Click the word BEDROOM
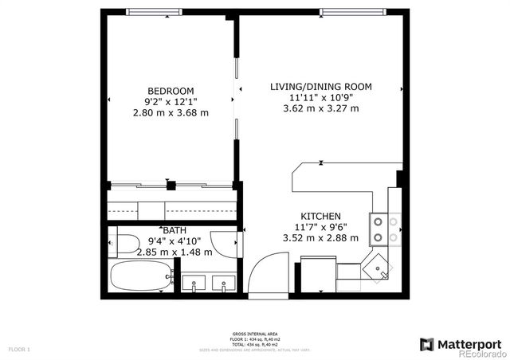point(170,90)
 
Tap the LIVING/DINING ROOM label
point(320,86)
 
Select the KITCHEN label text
point(320,217)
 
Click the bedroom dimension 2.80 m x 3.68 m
point(170,113)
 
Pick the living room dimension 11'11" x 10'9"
point(320,98)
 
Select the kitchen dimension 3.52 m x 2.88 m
point(320,237)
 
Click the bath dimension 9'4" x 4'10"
point(175,241)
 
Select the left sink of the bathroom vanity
point(195,282)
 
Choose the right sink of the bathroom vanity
point(226,282)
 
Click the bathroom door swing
point(229,241)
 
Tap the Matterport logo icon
point(426,344)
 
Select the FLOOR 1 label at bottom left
point(18,349)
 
